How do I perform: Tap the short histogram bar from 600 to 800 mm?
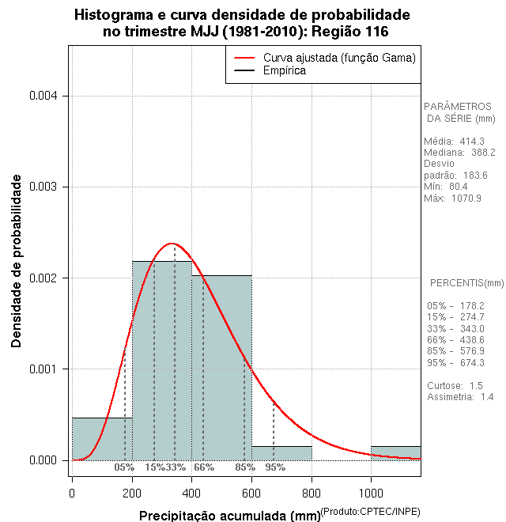coord(281,453)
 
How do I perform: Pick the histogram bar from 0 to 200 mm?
coord(102,438)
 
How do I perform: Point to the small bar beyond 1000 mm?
coord(395,452)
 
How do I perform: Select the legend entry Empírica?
coord(284,71)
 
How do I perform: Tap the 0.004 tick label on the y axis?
coord(43,96)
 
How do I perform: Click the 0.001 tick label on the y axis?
coord(43,369)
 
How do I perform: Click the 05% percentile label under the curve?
coord(124,467)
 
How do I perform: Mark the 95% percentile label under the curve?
coord(275,467)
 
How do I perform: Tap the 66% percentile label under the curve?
coord(204,467)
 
